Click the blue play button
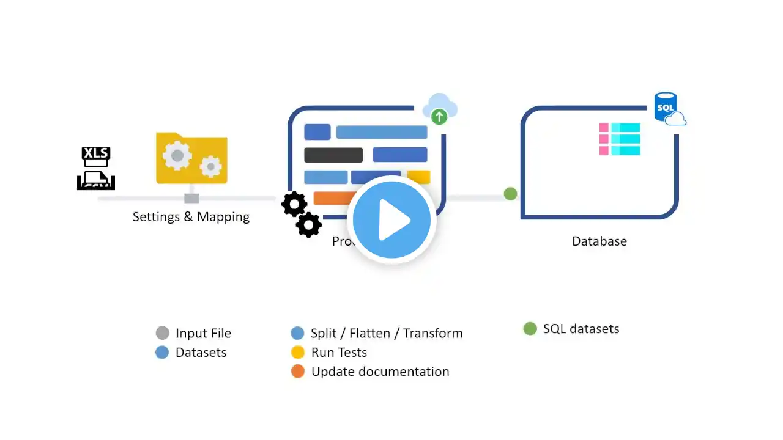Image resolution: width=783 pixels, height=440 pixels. click(x=391, y=220)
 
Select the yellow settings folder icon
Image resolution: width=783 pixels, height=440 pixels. click(x=191, y=158)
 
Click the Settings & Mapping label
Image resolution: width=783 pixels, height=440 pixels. click(x=191, y=217)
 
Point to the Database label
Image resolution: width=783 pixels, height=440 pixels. click(x=599, y=241)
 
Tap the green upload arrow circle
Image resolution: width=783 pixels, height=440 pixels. click(x=439, y=116)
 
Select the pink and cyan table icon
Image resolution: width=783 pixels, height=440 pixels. click(x=620, y=139)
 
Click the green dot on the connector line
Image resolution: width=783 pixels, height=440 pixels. click(x=510, y=194)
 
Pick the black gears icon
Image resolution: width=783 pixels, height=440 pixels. click(x=301, y=214)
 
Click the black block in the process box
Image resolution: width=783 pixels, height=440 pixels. click(x=333, y=155)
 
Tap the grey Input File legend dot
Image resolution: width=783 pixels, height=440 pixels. click(x=162, y=333)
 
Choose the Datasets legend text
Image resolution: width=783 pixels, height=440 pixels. click(x=201, y=353)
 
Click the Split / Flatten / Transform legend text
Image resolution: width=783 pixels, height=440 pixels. click(x=387, y=333)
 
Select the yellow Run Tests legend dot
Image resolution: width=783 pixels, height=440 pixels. click(x=298, y=353)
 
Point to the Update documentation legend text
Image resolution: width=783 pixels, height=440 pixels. click(x=380, y=372)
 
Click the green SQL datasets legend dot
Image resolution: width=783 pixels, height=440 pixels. click(x=530, y=329)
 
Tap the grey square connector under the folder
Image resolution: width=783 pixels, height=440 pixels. click(x=191, y=198)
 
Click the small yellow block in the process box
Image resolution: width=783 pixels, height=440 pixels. click(x=419, y=177)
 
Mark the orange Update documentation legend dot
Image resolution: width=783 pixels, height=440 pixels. click(x=298, y=372)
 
